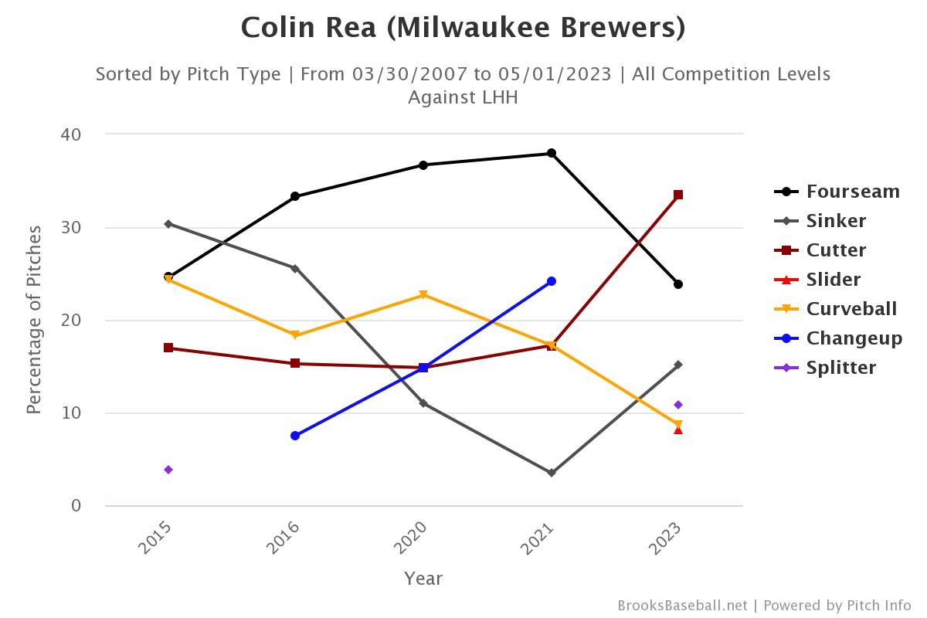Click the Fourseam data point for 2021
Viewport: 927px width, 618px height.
(x=552, y=153)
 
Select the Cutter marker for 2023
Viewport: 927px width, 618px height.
(x=678, y=195)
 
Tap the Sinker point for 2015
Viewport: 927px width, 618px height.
(x=168, y=224)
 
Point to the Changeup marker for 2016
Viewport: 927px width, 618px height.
(x=295, y=436)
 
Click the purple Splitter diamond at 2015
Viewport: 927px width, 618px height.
(x=168, y=470)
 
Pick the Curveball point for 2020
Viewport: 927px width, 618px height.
(x=423, y=295)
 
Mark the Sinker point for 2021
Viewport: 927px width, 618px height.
(x=552, y=473)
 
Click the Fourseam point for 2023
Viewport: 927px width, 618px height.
(x=678, y=284)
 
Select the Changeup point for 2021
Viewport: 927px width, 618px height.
(x=552, y=281)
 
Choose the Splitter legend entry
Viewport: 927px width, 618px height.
(x=840, y=368)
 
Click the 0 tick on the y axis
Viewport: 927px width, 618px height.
(x=76, y=506)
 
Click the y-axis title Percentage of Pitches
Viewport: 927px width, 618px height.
(x=34, y=320)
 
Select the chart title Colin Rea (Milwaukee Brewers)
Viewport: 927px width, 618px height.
(x=463, y=28)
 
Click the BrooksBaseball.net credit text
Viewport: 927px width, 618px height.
(x=682, y=606)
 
